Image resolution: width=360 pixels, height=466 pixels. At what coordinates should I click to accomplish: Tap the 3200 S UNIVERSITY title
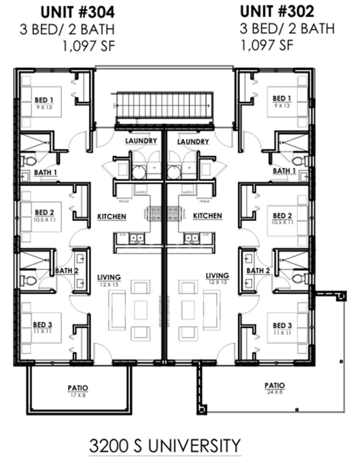pos(165,445)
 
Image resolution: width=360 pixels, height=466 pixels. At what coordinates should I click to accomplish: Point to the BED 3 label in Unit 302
pos(282,325)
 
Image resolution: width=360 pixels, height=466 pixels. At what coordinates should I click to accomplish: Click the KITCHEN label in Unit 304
pos(112,216)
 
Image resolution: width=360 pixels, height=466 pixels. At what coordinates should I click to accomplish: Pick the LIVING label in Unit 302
pos(217,275)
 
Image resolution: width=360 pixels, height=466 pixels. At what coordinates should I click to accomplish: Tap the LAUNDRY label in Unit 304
pos(141,142)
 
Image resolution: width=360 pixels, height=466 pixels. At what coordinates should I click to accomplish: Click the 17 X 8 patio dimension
pos(78,395)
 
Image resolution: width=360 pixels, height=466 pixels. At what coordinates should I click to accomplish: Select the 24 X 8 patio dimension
pos(274,392)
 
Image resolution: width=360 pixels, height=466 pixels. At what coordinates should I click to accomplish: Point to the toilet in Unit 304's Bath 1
pos(28,161)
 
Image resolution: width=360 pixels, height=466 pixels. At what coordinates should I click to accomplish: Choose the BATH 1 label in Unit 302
pos(284,171)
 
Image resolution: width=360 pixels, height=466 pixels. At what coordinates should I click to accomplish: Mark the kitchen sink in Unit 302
pos(192,239)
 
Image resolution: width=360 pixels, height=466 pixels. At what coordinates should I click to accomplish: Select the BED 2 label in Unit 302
pos(282,216)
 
